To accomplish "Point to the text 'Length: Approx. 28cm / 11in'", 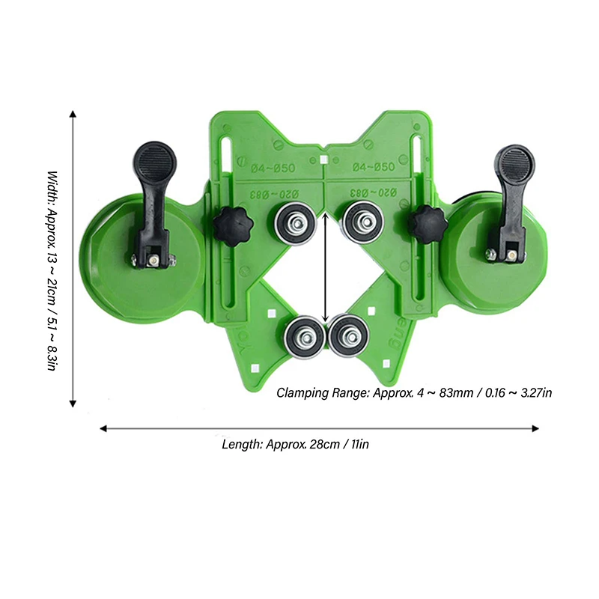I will [x=296, y=444].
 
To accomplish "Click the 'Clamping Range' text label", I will [x=415, y=392].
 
